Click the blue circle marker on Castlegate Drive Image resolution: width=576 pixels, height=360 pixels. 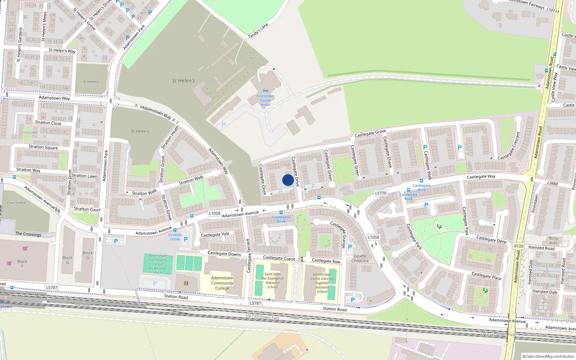(x=288, y=180)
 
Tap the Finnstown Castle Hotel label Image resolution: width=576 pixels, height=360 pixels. (x=265, y=100)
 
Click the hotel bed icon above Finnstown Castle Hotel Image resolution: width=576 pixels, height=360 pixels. (x=266, y=91)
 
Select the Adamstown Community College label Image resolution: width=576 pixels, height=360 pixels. (x=222, y=283)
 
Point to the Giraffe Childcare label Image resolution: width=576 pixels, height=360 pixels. (x=360, y=258)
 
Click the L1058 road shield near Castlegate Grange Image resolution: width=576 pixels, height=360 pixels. (x=373, y=237)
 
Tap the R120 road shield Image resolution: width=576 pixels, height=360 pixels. (x=519, y=246)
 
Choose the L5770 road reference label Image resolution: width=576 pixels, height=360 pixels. (x=381, y=193)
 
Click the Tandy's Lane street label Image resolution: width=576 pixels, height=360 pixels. (x=258, y=31)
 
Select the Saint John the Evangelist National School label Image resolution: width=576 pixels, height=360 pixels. (x=273, y=280)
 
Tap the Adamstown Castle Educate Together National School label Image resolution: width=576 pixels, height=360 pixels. (x=322, y=283)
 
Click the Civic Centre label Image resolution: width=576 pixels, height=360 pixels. (x=17, y=203)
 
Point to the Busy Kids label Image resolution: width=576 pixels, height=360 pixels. (x=553, y=240)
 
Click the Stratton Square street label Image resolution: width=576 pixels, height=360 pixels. (x=43, y=147)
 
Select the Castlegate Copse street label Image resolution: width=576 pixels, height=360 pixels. (x=279, y=258)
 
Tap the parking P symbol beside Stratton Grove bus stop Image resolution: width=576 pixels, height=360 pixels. (x=186, y=239)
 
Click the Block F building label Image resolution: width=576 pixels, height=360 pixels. (x=22, y=264)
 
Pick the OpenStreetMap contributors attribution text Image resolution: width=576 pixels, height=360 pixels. (x=548, y=357)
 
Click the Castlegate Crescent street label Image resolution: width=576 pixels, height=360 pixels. (x=509, y=146)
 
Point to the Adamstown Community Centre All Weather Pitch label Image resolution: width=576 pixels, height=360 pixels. (x=158, y=264)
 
